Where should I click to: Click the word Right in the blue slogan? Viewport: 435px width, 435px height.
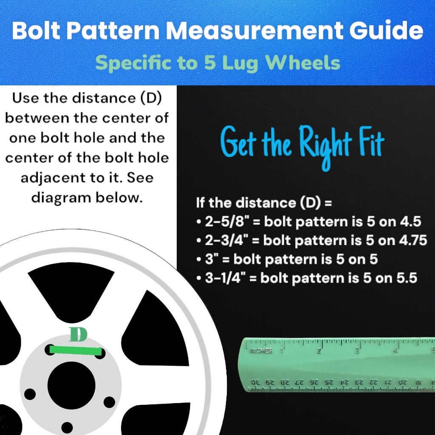tap(325, 144)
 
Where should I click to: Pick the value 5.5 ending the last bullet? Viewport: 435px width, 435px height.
tap(406, 278)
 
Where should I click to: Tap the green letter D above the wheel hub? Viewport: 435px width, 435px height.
tap(78, 335)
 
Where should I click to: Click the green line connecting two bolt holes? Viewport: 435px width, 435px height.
tap(75, 350)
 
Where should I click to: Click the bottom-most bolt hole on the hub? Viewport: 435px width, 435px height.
tap(67, 427)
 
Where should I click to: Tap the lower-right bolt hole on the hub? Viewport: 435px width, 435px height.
tap(109, 401)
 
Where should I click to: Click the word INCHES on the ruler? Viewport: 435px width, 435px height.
tap(261, 351)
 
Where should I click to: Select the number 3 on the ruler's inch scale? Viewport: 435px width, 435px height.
tap(357, 351)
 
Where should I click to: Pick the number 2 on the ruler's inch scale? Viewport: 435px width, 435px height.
tap(319, 351)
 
